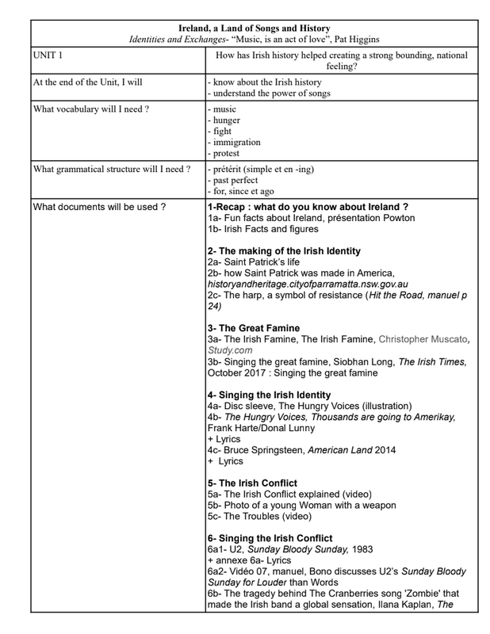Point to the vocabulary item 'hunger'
coord(225,120)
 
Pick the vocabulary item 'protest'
coord(226,154)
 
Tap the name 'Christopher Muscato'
coord(419,338)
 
